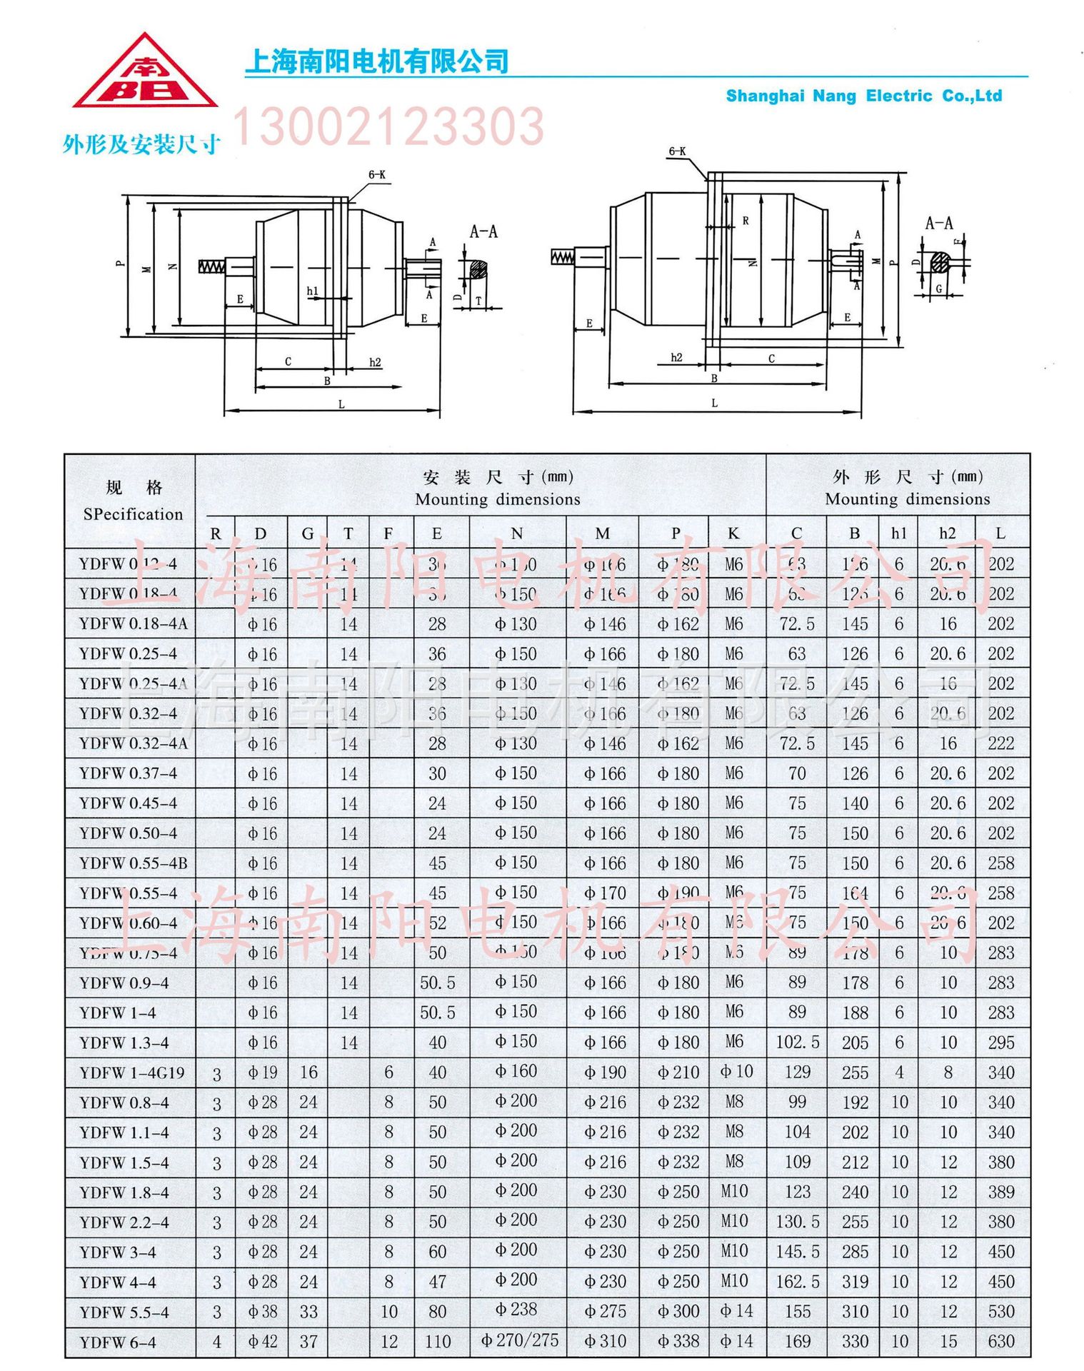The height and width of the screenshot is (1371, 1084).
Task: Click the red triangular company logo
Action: click(x=145, y=74)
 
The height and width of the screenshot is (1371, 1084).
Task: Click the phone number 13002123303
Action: click(x=388, y=127)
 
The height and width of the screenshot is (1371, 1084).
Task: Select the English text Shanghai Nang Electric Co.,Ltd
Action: click(x=863, y=96)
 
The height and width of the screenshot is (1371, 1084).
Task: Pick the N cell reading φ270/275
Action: click(x=519, y=1340)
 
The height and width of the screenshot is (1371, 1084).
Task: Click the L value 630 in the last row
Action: click(x=1000, y=1341)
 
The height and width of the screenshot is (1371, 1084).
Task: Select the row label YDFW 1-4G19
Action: click(x=132, y=1073)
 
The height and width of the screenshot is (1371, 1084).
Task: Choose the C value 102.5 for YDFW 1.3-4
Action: click(x=797, y=1043)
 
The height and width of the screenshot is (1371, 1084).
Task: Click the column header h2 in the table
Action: click(x=948, y=533)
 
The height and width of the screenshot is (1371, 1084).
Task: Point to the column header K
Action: click(x=733, y=533)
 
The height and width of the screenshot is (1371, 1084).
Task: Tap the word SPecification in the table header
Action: click(x=133, y=514)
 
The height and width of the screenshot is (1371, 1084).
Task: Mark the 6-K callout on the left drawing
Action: click(x=377, y=175)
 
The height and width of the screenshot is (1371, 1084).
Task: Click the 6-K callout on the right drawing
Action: click(x=677, y=151)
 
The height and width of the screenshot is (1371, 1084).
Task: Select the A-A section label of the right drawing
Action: click(x=938, y=224)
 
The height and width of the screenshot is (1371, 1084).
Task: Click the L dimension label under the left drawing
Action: click(x=341, y=404)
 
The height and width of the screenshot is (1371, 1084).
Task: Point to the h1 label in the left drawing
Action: click(x=312, y=291)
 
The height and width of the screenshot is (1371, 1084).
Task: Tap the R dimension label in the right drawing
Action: click(x=746, y=221)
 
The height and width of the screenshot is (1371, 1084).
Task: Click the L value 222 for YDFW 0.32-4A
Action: click(x=1000, y=743)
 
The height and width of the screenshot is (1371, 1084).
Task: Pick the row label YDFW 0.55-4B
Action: click(x=133, y=863)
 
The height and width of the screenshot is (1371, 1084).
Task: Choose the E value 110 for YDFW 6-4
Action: click(x=437, y=1342)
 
